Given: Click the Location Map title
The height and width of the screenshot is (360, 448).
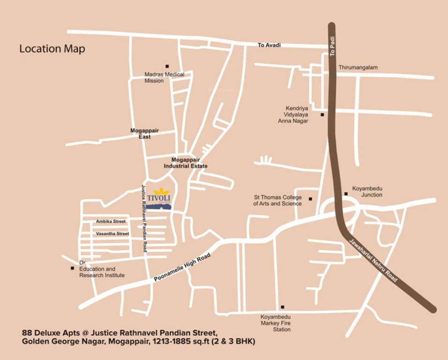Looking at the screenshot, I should (52, 49).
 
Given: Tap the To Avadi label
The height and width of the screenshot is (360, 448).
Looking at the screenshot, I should (269, 45).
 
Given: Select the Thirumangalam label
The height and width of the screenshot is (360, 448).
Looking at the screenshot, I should (358, 67).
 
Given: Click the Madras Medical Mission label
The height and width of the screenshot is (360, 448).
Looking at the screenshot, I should (164, 77).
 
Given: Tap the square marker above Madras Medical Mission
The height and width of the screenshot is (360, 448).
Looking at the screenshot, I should (167, 66).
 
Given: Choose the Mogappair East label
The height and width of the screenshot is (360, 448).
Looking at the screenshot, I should (141, 134).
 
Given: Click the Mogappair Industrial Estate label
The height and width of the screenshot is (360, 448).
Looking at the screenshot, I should (186, 163).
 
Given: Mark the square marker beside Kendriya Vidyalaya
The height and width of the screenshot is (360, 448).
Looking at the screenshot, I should (322, 114).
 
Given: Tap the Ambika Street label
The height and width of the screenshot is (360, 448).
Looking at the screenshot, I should (111, 221).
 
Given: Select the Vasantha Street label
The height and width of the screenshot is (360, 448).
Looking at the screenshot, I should (112, 233).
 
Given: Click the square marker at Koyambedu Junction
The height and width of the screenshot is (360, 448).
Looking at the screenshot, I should (346, 194).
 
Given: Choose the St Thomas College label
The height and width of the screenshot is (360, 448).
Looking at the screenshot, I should (277, 201).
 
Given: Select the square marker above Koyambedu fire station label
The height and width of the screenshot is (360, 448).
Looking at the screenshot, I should (282, 307).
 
